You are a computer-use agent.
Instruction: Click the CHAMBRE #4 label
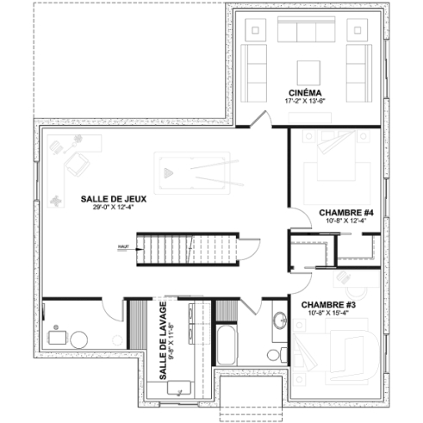(x=345, y=213)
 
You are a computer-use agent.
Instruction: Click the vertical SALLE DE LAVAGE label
(x=162, y=340)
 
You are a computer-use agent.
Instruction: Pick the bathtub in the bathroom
(x=226, y=345)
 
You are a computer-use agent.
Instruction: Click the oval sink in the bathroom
(x=279, y=322)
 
